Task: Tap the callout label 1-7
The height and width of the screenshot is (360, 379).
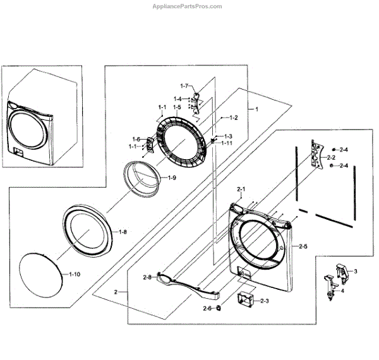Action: [184, 85]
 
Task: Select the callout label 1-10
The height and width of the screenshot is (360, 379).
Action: [74, 274]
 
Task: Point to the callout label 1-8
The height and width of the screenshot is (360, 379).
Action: [123, 232]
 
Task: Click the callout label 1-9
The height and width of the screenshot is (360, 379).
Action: [172, 179]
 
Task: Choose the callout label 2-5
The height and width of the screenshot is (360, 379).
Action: [303, 246]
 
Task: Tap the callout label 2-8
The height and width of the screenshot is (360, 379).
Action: [148, 277]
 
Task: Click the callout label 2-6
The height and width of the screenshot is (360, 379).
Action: [207, 308]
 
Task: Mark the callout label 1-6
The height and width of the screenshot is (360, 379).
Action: [136, 139]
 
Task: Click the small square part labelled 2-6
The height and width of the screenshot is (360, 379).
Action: [218, 308]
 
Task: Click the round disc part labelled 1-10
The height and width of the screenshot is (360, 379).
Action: [42, 275]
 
